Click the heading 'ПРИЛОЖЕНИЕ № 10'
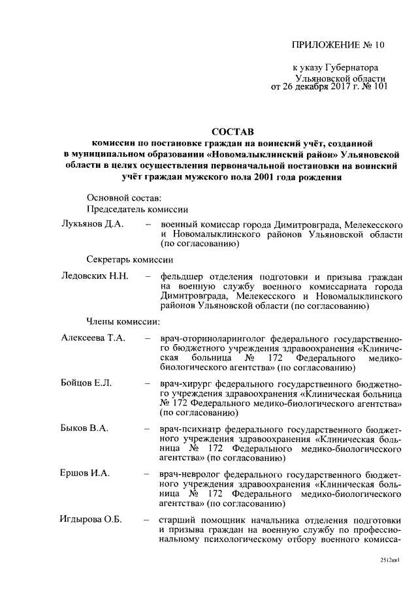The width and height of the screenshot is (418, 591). click(339, 45)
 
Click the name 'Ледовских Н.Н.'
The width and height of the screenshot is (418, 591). click(94, 276)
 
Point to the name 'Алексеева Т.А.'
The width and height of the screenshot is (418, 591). click(93, 338)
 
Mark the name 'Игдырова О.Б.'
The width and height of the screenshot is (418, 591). click(91, 520)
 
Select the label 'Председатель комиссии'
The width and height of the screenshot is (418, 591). click(138, 210)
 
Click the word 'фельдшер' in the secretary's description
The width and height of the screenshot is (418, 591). click(182, 277)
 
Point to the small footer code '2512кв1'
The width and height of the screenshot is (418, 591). click(389, 560)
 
